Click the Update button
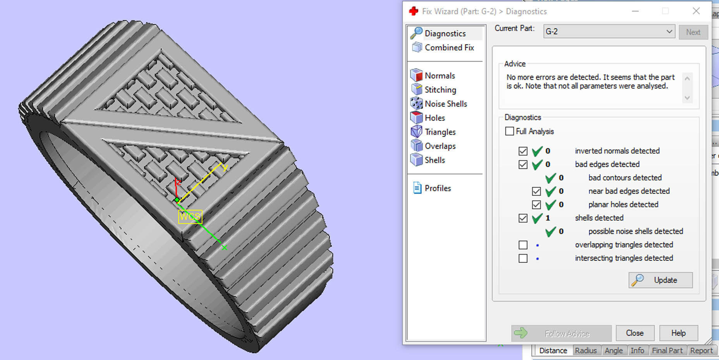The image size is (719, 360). coord(661,280)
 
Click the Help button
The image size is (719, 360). coord(678,333)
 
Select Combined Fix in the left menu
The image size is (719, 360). coord(449,48)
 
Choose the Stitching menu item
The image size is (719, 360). coord(440,90)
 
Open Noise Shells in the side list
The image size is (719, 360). coord(446,104)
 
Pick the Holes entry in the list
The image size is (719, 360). coord(434,118)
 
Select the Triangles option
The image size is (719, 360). coord(440,132)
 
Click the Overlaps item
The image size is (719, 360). coord(440,146)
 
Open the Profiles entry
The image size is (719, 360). coord(438,188)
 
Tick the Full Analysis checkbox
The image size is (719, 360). coord(510,131)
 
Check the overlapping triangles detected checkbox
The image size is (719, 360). coord(523,245)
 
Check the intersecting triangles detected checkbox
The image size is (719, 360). coord(523,258)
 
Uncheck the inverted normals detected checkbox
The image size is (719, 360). coord(523,151)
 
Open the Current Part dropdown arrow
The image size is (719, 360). coord(669,31)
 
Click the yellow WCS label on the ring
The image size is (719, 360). coord(190,216)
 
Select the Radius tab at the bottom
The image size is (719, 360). coord(585,350)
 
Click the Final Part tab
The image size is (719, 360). coord(667,350)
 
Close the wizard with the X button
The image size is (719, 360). coord(696,11)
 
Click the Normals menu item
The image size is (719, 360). coord(439,75)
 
